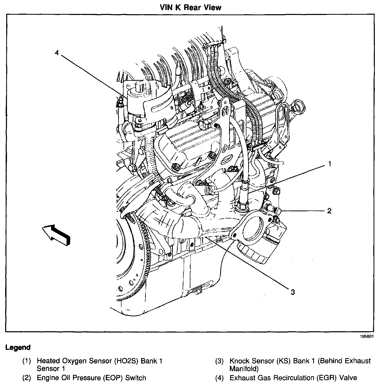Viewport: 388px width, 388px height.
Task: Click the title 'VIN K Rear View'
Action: click(x=190, y=7)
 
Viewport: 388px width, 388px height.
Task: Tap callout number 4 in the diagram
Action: click(x=57, y=53)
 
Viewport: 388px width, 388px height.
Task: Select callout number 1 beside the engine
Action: click(x=329, y=164)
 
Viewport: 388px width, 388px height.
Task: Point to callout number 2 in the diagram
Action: click(x=329, y=211)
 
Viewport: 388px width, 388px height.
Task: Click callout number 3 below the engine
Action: click(x=293, y=292)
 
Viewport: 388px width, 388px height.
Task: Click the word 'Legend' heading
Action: click(x=18, y=347)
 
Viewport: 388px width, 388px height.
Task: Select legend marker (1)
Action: click(x=27, y=361)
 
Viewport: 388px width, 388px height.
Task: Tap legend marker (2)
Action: click(x=27, y=378)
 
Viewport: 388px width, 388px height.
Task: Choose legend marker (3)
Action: click(x=219, y=361)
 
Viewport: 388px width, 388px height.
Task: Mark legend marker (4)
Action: click(x=219, y=378)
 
